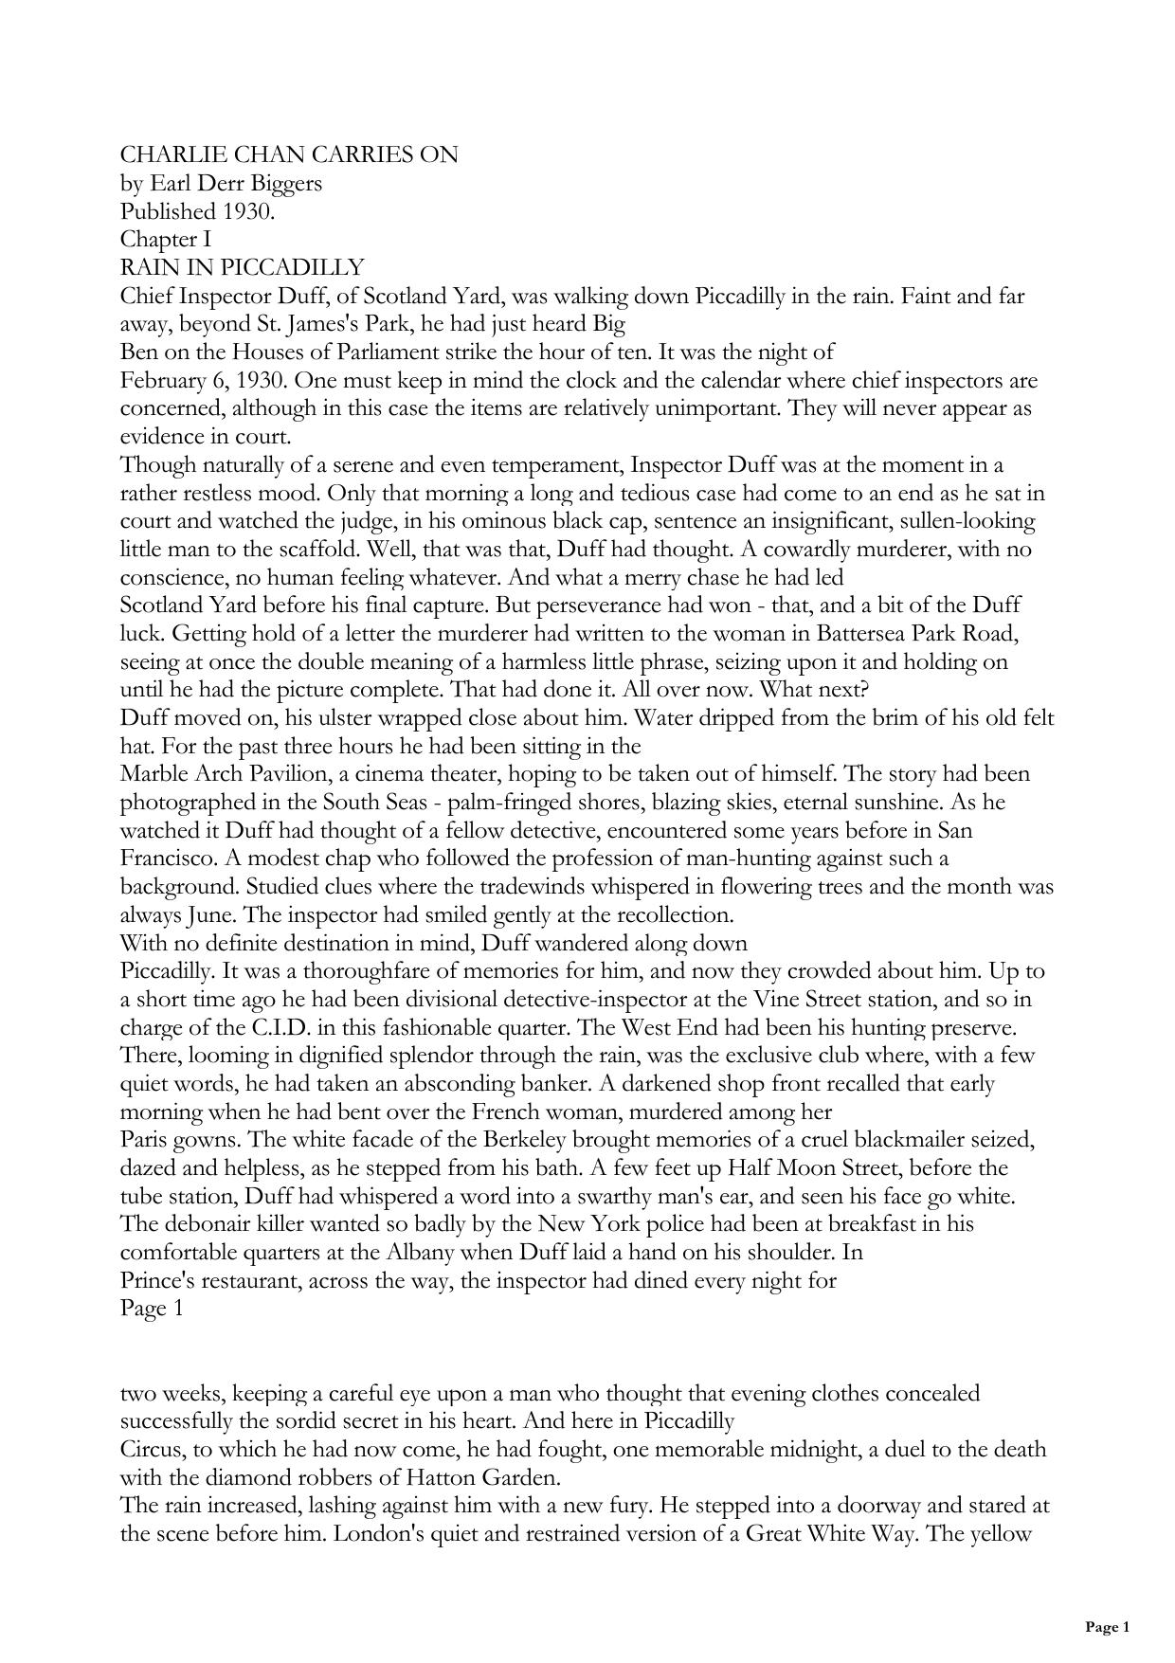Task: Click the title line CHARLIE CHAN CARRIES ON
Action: (289, 154)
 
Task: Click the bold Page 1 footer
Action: (1107, 1628)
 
